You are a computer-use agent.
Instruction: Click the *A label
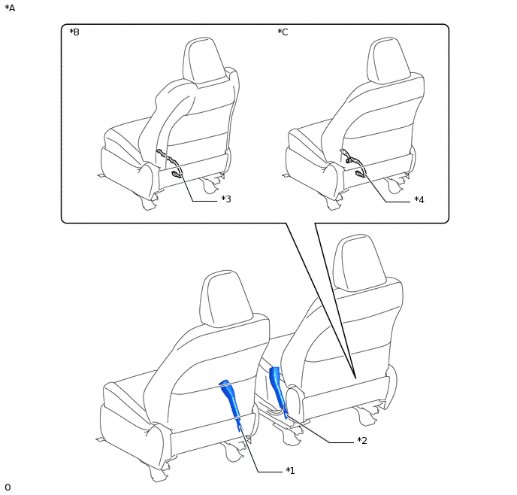[10, 8]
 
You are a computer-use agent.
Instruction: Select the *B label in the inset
[74, 32]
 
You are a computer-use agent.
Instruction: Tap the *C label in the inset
[283, 32]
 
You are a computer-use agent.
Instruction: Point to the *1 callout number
[290, 471]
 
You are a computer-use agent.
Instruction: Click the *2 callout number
[362, 441]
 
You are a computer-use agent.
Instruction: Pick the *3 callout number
[226, 199]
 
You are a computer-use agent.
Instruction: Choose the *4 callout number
[419, 199]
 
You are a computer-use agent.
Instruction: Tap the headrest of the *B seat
[204, 60]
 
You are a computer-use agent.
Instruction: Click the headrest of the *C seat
[389, 60]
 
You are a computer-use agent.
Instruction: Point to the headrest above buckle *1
[226, 299]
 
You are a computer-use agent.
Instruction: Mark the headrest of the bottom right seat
[359, 263]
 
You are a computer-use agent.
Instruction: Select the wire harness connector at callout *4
[360, 174]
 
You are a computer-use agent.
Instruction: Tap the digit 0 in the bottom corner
[8, 487]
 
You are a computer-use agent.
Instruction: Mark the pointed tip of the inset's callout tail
[355, 378]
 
